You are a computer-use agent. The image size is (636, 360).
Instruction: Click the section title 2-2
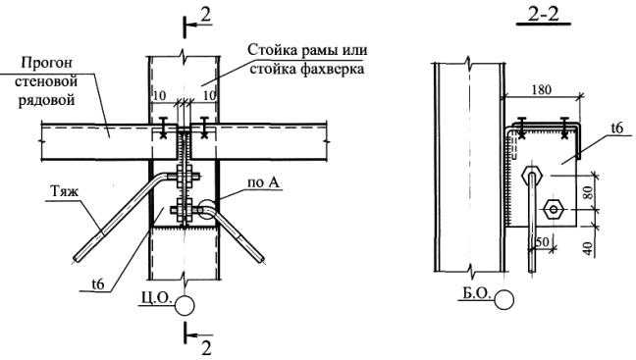click(x=544, y=15)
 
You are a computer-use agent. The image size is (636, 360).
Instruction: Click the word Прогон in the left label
click(x=47, y=63)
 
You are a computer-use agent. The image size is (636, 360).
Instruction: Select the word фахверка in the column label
click(x=306, y=69)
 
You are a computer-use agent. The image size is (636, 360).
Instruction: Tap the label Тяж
click(x=65, y=191)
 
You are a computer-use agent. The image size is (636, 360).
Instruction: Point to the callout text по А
click(x=264, y=182)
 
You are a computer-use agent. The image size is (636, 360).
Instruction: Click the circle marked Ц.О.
click(x=185, y=306)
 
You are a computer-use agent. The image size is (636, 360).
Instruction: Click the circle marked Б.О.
click(x=504, y=300)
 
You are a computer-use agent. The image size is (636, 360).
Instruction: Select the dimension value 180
click(x=542, y=89)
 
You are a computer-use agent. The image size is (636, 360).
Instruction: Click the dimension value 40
click(x=590, y=248)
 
